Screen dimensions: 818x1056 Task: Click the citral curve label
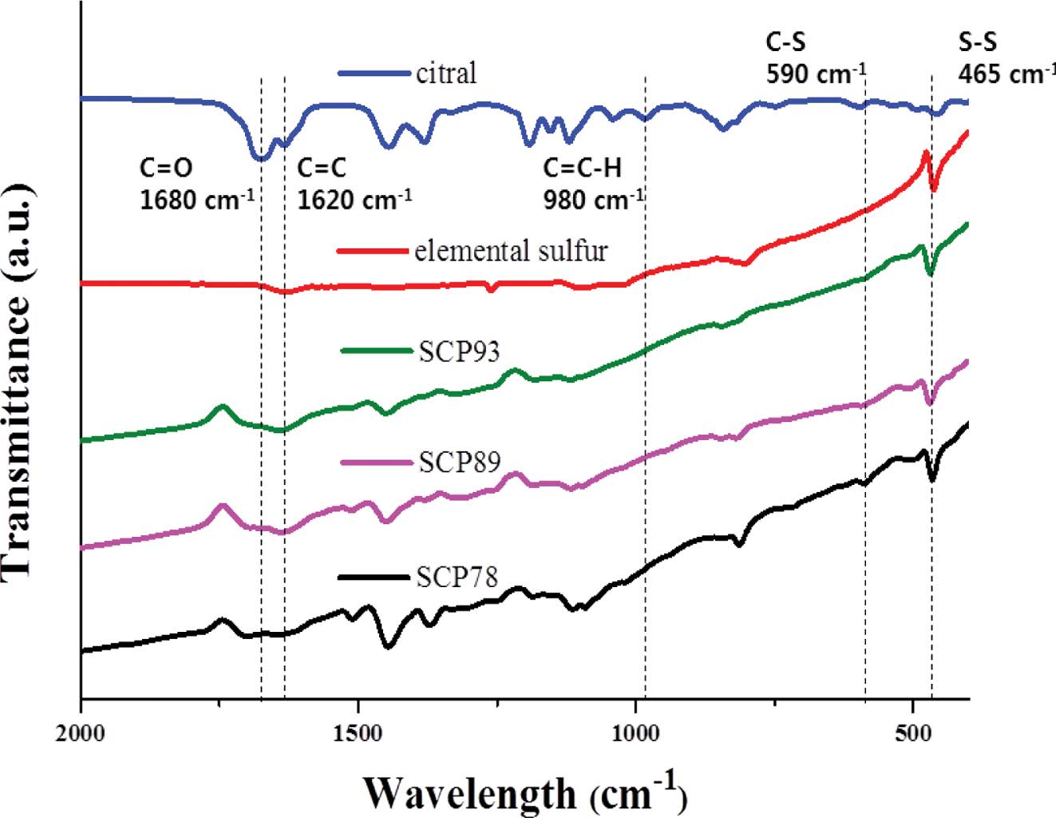click(x=446, y=73)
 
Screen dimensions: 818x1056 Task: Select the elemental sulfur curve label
click(x=511, y=251)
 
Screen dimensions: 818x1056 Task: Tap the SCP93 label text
click(x=459, y=351)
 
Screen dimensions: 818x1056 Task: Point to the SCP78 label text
click(x=457, y=576)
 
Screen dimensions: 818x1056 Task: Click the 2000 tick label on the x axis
click(x=81, y=731)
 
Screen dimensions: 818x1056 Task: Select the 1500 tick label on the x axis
click(x=358, y=731)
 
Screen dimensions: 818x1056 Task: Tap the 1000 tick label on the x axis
click(x=635, y=731)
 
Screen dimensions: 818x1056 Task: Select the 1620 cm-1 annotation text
click(x=354, y=198)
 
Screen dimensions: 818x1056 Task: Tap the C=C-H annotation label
click(x=583, y=168)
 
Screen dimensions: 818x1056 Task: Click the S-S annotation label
click(x=977, y=43)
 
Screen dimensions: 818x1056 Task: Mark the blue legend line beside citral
click(x=373, y=73)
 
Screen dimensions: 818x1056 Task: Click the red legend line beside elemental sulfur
click(x=373, y=251)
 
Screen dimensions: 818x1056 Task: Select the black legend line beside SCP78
click(x=373, y=576)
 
